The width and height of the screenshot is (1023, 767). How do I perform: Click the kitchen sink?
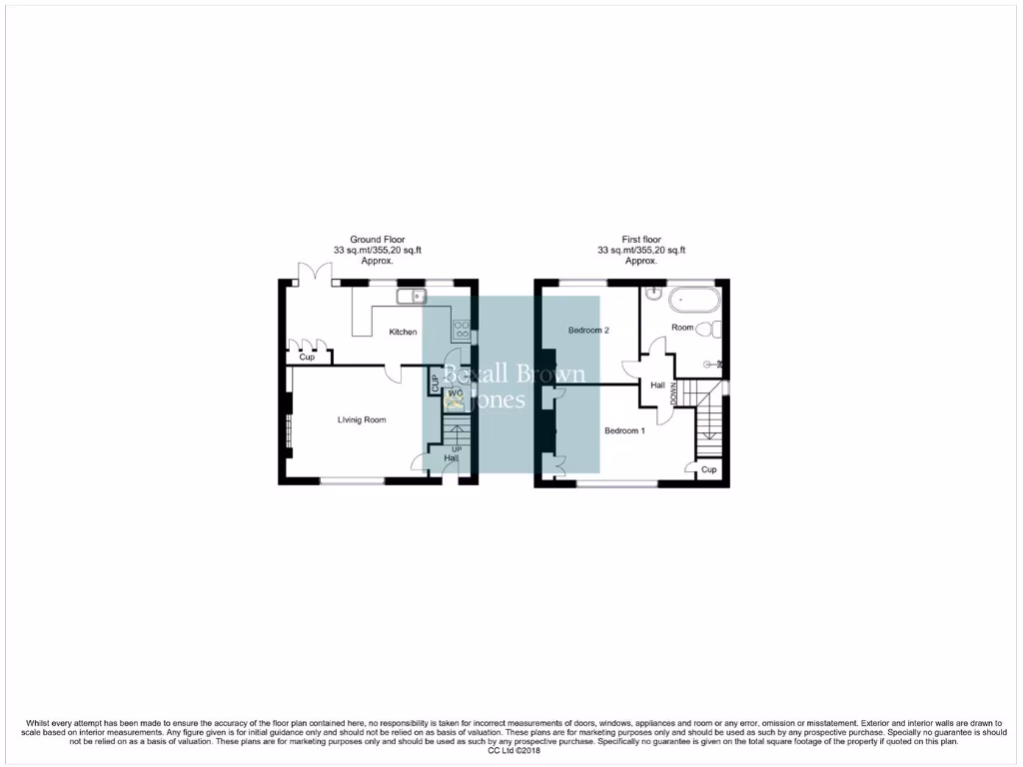(411, 296)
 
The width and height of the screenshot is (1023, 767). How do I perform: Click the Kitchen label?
(403, 333)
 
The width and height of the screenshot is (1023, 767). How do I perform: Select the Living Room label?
(362, 420)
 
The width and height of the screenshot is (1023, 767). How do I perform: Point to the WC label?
(455, 394)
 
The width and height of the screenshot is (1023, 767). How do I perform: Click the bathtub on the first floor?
(691, 297)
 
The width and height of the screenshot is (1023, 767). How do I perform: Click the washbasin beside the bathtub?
(651, 294)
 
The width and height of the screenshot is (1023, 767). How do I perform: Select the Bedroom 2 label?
(588, 330)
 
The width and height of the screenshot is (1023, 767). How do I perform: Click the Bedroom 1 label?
(624, 430)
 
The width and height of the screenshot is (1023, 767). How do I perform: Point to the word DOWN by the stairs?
(674, 392)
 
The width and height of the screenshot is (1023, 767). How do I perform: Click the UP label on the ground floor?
(457, 449)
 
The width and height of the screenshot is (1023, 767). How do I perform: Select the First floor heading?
(641, 240)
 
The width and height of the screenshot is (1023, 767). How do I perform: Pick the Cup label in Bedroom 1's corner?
(708, 470)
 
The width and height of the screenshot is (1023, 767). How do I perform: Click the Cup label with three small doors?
(307, 357)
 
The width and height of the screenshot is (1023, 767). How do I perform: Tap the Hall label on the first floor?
(657, 385)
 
